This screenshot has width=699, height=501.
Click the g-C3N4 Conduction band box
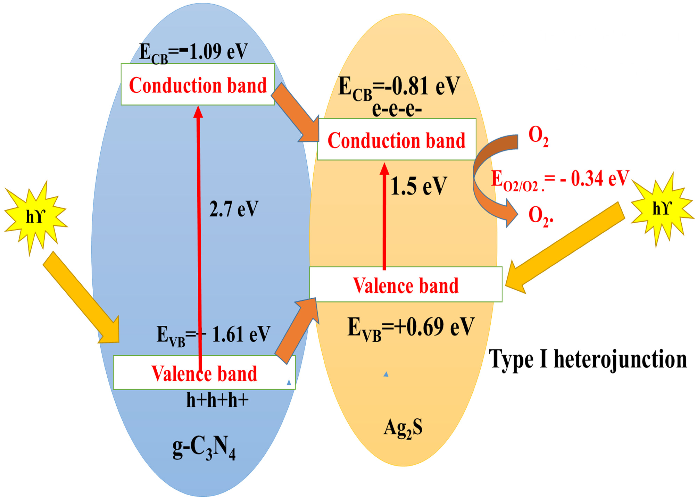198,84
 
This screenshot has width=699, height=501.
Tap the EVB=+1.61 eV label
213,335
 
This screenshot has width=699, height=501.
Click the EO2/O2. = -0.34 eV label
559,179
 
